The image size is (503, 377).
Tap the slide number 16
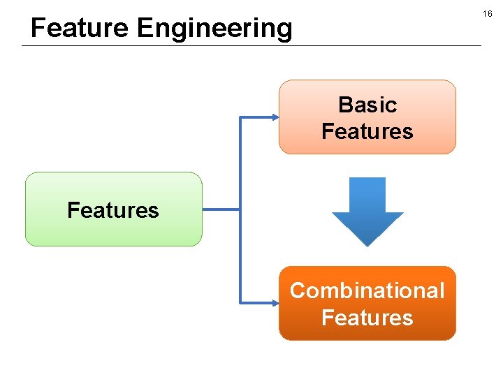[x=487, y=13]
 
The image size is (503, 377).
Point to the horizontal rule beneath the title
[x=251, y=46]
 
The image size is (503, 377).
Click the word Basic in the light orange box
[x=367, y=105]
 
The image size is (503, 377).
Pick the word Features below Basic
[x=367, y=131]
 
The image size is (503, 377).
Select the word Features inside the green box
[x=113, y=209]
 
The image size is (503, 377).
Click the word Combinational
[x=367, y=290]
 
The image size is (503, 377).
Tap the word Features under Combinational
[x=367, y=318]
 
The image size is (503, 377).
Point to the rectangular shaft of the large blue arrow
[x=367, y=195]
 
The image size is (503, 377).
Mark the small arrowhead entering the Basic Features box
[x=275, y=117]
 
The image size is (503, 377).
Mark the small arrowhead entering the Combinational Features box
[x=275, y=303]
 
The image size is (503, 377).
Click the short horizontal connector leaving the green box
[x=221, y=209]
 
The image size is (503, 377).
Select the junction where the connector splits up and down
[x=240, y=209]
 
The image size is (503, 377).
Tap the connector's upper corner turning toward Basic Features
[x=240, y=117]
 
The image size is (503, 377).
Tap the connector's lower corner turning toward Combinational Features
[x=240, y=303]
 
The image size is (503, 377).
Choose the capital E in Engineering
[x=145, y=28]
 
